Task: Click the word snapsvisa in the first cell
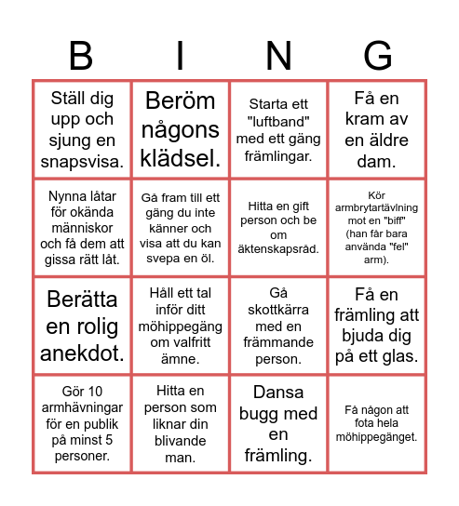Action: click(82, 161)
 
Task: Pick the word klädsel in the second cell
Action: click(179, 158)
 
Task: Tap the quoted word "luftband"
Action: click(278, 122)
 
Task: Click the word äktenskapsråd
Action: click(279, 249)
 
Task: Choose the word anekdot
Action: click(82, 353)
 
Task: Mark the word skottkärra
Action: click(279, 310)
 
